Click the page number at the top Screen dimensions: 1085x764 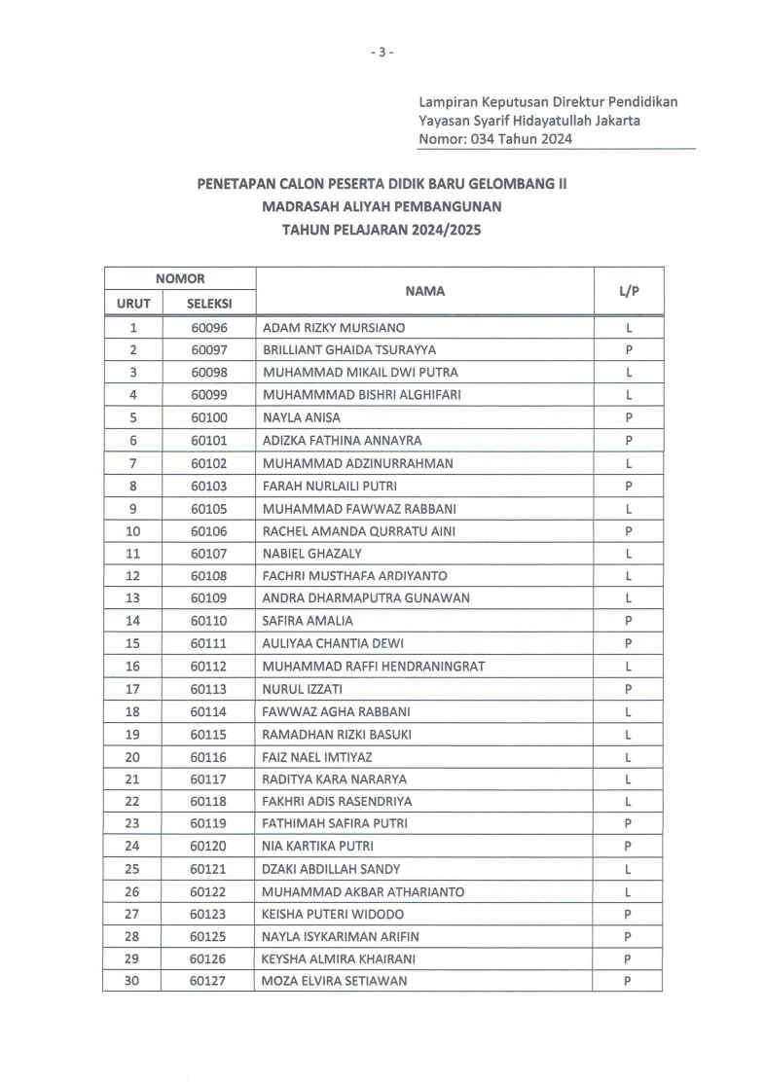click(x=382, y=52)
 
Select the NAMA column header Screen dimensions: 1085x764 click(x=425, y=290)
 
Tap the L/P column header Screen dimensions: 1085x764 click(x=629, y=290)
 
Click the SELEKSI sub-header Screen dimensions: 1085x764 click(x=208, y=304)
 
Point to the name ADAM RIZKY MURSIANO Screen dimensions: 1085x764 click(x=334, y=328)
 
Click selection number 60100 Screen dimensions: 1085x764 click(x=208, y=417)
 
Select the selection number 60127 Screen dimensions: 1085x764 click(x=208, y=981)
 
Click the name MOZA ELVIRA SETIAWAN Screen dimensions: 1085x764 click(x=335, y=981)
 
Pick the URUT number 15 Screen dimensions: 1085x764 click(x=133, y=643)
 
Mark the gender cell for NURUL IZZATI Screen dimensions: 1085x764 click(x=629, y=689)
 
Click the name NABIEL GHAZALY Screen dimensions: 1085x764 click(x=312, y=554)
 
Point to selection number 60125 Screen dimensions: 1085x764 click(x=208, y=936)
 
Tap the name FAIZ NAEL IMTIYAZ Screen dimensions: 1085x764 click(x=317, y=756)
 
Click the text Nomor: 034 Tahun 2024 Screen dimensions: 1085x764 click(x=494, y=139)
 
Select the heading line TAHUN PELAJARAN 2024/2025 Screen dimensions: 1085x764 click(x=382, y=231)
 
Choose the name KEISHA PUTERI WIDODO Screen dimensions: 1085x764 click(x=334, y=914)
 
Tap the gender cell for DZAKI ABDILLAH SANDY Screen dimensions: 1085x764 click(x=629, y=869)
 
